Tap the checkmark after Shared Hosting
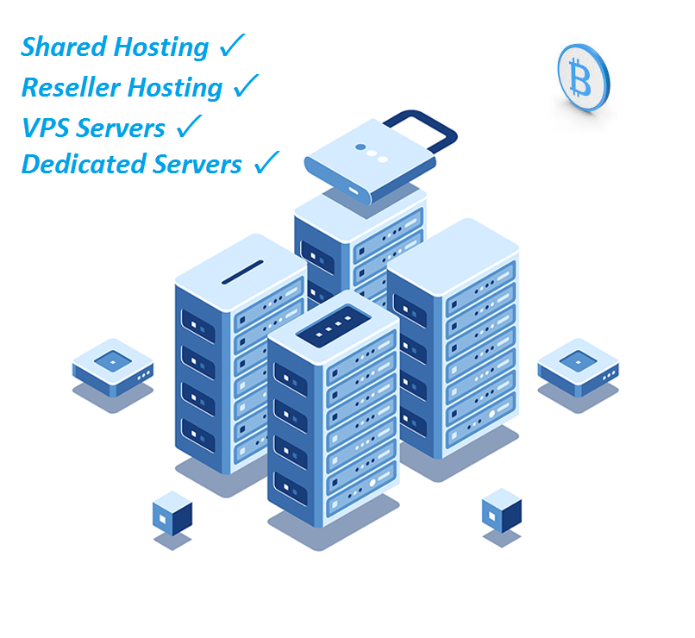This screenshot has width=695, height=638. point(232,46)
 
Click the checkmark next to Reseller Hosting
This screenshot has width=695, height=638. point(246,85)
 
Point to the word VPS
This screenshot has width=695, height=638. point(45,128)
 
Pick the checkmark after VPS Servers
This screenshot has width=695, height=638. point(188,126)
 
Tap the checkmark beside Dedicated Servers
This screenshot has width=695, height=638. point(266,162)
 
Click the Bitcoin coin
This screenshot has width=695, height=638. point(582,78)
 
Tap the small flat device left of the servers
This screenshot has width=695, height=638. point(112,364)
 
